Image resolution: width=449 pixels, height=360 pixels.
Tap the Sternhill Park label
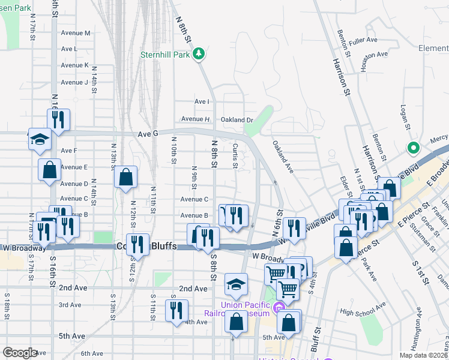(164, 55)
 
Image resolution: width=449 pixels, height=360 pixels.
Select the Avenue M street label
(76, 33)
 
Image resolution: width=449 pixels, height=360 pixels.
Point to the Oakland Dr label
(237, 119)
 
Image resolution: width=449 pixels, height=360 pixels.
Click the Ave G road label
(147, 134)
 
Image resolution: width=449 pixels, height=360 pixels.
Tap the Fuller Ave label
(363, 40)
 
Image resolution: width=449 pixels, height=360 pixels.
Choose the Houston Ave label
(373, 55)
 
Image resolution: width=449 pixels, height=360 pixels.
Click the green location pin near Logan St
(413, 148)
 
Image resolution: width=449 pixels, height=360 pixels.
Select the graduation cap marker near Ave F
(40, 140)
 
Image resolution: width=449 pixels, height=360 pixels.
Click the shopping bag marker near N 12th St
(125, 177)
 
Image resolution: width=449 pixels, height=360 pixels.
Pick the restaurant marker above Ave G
(58, 119)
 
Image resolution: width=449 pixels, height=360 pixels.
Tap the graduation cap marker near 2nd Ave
(237, 284)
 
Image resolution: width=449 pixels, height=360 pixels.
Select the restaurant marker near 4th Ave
(176, 310)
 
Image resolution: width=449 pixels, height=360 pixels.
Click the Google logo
(20, 353)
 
